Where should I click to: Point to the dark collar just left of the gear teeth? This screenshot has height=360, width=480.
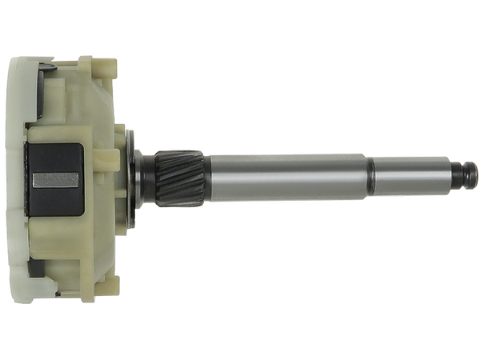coord(147,175)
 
